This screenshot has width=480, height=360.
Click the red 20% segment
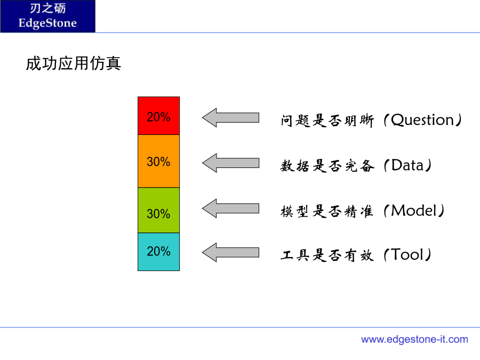tap(158, 116)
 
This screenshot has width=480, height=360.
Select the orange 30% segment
tap(158, 161)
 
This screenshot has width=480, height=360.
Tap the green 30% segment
tap(158, 210)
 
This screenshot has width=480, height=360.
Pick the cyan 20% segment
tap(158, 252)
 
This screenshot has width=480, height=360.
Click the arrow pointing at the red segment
tap(230, 117)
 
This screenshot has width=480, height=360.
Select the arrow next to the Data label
tap(230, 163)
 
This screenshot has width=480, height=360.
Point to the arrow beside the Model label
tap(230, 209)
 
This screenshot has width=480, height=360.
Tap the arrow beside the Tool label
tap(230, 253)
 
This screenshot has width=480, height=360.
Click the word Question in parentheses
tap(422, 120)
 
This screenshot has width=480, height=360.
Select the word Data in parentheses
tap(407, 165)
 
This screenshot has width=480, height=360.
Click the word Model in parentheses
tap(414, 211)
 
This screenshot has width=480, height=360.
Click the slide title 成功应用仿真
tap(74, 63)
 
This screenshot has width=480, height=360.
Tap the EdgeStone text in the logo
tap(47, 23)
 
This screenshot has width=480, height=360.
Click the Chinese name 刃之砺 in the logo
tap(48, 8)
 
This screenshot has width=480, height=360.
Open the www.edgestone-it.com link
tap(414, 339)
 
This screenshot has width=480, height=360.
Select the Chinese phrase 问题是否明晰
tap(327, 121)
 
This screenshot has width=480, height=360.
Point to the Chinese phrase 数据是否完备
tap(327, 166)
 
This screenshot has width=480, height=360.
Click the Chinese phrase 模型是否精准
tap(327, 211)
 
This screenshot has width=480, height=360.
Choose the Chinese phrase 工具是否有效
tap(327, 255)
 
